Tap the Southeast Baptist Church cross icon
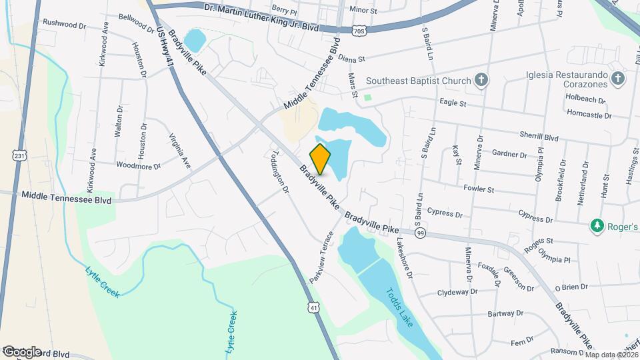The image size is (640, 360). point(481,81)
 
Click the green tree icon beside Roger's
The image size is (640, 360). point(597,227)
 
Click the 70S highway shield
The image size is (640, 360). point(359,31)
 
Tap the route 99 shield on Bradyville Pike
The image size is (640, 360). point(420,233)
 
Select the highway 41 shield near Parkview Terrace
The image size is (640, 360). point(315,307)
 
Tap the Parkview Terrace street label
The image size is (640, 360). point(322,255)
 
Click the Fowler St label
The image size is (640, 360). point(479,189)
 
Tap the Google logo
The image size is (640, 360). point(21,352)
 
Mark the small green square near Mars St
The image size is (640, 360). point(367,98)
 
